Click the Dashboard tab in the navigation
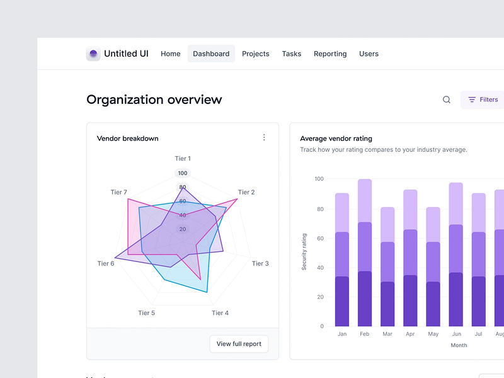coord(211,54)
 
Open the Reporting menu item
coord(330,54)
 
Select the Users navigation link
coord(369,54)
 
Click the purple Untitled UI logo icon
coord(93,54)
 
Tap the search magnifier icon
coord(447,100)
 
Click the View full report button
coord(239,344)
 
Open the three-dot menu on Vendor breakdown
coord(264,137)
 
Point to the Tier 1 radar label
coord(183,159)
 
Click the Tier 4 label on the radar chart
coord(220,313)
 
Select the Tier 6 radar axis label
coord(106,263)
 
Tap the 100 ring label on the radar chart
coord(183,173)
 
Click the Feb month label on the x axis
coord(365,334)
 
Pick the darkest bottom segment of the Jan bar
coord(342,301)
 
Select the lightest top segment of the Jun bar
coord(456,203)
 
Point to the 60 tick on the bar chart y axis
coord(319,238)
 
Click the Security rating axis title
coord(304,252)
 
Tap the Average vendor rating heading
coord(336,139)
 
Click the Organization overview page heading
coord(154,100)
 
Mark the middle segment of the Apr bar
coord(410,252)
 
